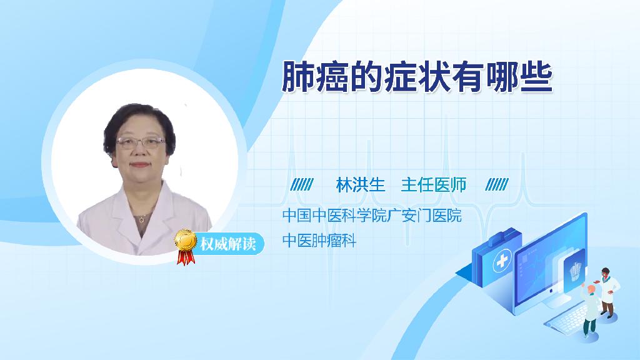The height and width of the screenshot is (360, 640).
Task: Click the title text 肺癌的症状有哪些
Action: point(417,77)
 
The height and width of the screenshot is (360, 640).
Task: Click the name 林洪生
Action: point(361,185)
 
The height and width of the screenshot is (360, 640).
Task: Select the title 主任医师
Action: point(434,185)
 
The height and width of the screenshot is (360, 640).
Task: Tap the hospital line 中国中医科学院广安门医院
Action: point(372,216)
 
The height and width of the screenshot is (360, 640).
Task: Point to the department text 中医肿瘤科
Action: point(319,241)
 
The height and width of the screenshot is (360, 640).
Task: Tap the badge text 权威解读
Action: point(228,244)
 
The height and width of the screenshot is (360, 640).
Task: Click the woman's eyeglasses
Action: point(141,142)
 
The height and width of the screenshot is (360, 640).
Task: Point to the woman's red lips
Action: point(139,165)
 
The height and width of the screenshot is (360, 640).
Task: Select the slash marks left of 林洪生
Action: point(302,185)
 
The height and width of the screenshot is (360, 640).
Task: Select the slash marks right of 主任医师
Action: point(497,185)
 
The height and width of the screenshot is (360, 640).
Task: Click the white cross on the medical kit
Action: point(502,261)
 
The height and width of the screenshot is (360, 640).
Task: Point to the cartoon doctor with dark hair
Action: point(608,292)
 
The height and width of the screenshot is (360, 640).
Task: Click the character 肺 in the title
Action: point(298,77)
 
